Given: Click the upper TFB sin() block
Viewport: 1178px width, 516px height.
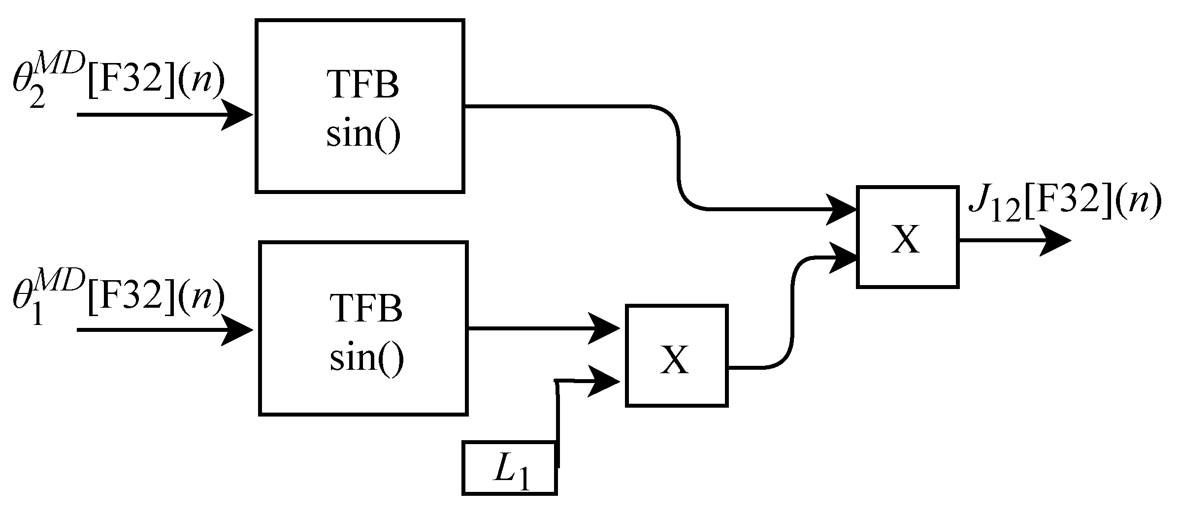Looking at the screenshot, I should pos(360,106).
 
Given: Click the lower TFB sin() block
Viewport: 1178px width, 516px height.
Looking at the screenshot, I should pos(363,328).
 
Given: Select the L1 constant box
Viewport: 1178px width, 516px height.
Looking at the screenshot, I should pos(509,468).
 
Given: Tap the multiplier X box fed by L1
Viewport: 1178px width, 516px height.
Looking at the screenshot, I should pos(676,356).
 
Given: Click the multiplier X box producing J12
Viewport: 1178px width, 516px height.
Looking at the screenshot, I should pos(907,237).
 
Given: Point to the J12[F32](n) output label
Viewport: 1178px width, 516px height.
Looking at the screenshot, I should pos(1064,205).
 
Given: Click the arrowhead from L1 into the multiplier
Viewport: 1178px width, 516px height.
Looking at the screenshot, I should pos(604,381).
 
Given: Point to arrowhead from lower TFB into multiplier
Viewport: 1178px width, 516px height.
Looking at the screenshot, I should pos(604,328).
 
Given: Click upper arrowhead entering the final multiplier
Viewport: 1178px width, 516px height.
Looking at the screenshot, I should pos(841,210).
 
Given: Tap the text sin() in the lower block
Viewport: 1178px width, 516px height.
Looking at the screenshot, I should pos(366,358).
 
